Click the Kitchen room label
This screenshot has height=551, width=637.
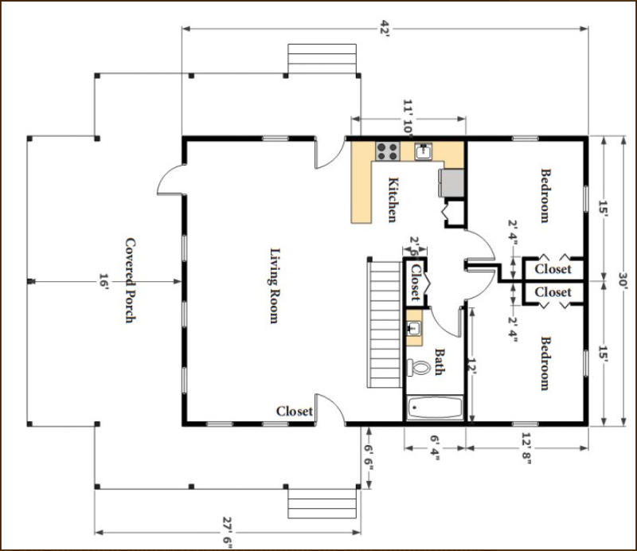coord(392,200)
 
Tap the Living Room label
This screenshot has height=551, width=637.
coord(275,286)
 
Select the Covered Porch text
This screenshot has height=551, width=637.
coord(130,280)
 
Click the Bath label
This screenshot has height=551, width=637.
coord(440,361)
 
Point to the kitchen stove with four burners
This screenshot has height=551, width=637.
coord(387,150)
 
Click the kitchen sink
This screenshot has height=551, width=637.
coord(424,151)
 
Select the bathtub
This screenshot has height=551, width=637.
coord(435,408)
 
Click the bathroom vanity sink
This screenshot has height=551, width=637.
coord(414,327)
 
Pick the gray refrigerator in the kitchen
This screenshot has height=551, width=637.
coord(451,182)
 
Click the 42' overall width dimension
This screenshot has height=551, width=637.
coord(385,29)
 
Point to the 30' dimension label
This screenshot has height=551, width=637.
coord(623,280)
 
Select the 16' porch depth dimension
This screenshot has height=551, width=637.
coord(104,281)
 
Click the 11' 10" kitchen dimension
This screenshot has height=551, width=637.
coord(408,117)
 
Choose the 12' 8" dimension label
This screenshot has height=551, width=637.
coord(526,447)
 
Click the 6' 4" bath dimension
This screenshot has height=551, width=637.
coord(435,447)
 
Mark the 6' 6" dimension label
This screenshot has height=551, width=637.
coord(369,458)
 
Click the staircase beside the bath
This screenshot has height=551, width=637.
coord(385,323)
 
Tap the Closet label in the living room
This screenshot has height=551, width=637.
coord(295,411)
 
